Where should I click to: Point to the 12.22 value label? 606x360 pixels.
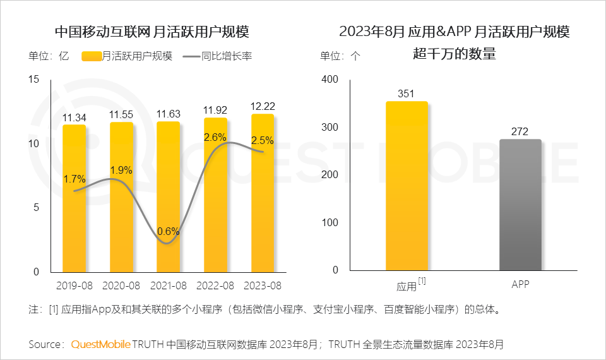263,106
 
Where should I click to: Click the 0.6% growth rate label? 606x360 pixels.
169,232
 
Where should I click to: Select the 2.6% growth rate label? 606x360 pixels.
215,136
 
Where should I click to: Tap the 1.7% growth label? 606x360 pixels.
74,179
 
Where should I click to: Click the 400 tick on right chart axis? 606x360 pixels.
330,80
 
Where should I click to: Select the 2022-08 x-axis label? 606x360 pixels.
215,285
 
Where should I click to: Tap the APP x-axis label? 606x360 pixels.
520,285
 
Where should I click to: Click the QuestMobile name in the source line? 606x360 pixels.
100,344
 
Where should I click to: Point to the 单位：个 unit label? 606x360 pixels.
340,56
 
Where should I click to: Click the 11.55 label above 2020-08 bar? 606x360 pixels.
121,115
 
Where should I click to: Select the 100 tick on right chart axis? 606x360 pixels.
330,222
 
